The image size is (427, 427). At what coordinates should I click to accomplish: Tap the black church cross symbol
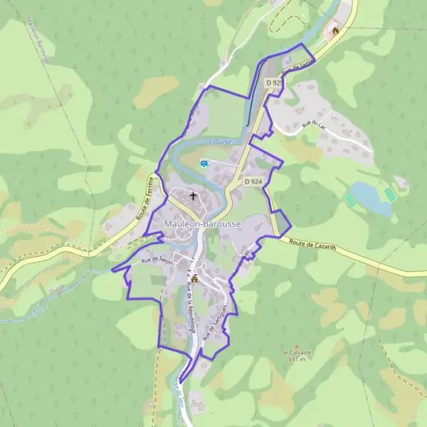pos(192,195)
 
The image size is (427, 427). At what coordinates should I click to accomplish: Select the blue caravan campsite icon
pos(205,163)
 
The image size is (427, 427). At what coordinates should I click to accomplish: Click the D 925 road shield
pos(274,83)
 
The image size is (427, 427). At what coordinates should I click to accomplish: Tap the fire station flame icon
pos(334,31)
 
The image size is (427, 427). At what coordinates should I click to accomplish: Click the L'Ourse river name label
pos(221,141)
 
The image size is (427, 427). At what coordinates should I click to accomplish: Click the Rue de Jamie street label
pos(297,67)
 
